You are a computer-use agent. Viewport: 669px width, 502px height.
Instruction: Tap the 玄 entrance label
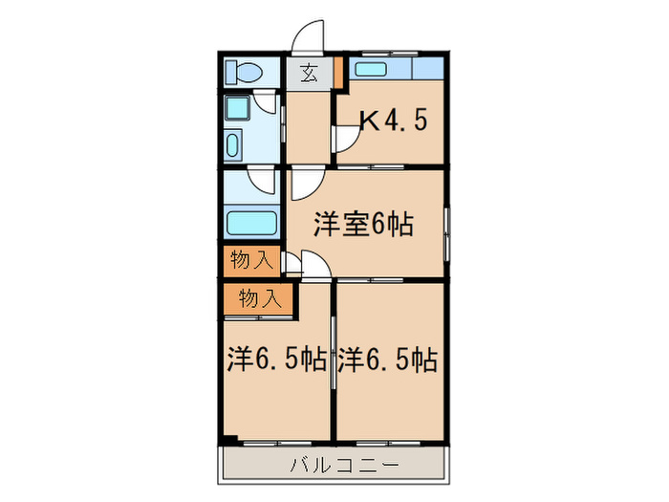pos(309,73)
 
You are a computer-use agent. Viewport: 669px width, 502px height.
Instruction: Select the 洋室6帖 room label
pos(364,226)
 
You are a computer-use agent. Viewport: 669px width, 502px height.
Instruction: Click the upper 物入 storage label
pos(250,258)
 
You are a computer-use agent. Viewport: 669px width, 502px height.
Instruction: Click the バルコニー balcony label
pos(334,466)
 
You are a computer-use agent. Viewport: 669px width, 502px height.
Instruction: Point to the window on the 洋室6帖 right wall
pos(446,228)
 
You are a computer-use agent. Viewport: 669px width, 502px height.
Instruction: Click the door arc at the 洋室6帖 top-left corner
pos(304,181)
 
